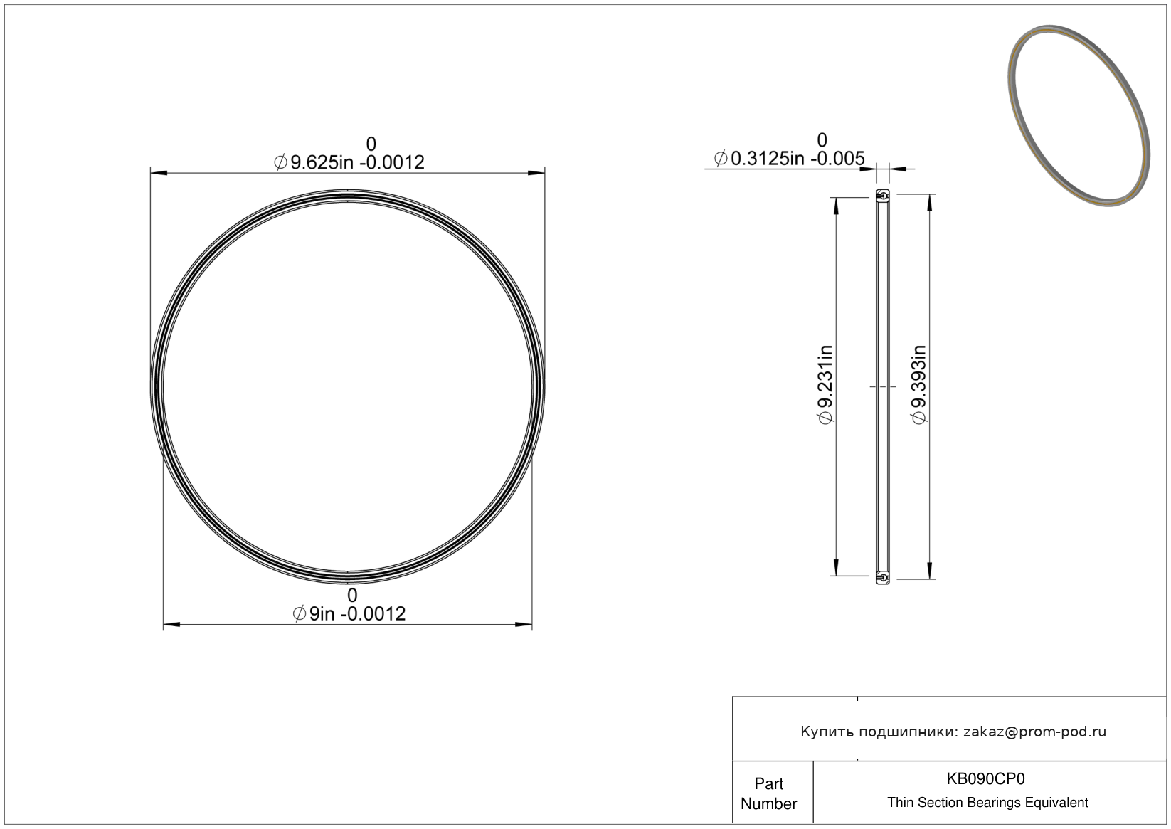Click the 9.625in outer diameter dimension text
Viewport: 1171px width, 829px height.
(349, 163)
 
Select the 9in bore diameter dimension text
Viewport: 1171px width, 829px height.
(349, 613)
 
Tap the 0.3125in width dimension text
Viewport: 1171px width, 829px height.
(789, 159)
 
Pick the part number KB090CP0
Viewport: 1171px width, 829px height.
(985, 778)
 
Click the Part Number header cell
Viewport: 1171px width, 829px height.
(768, 793)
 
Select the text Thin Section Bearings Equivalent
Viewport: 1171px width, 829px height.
(987, 803)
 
